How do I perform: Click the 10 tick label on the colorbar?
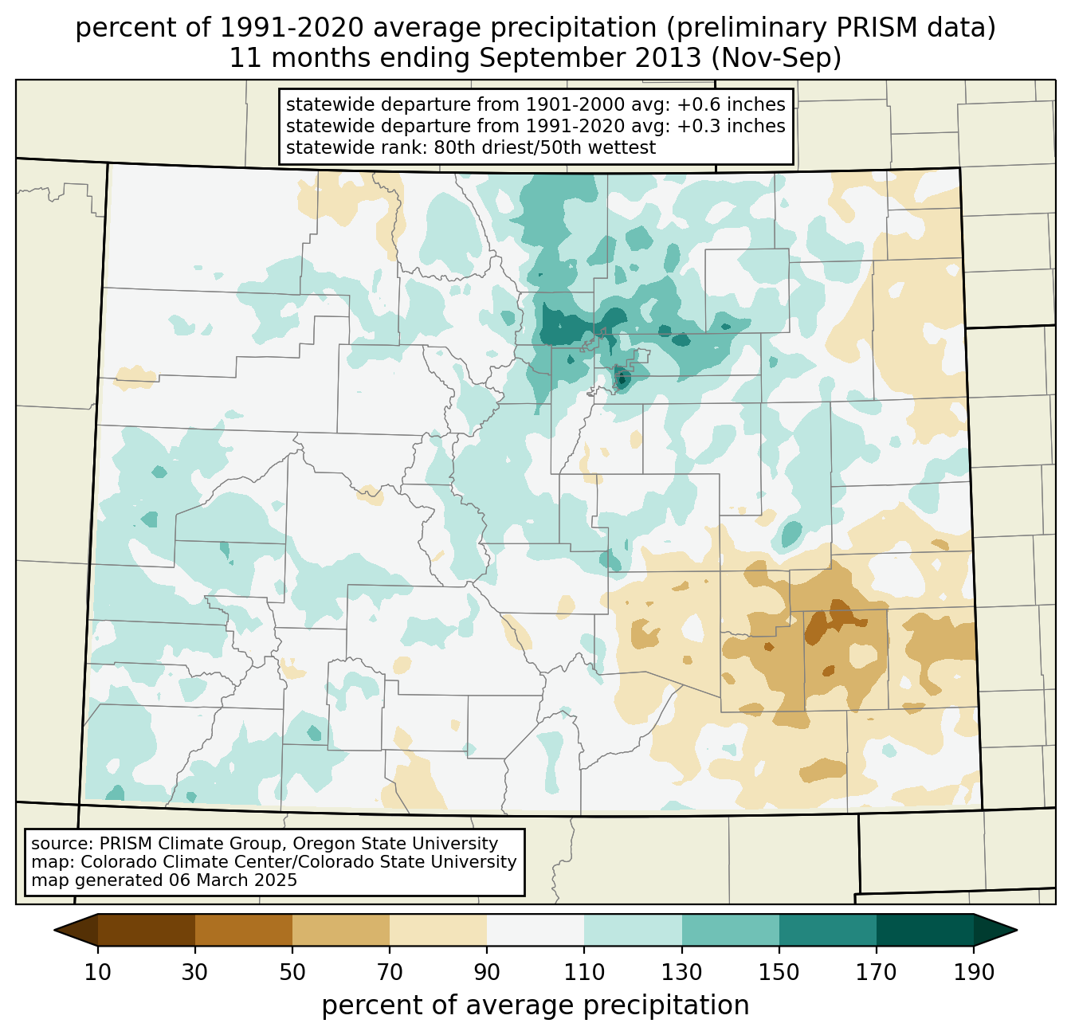tap(98, 972)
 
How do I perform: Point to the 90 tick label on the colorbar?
tap(487, 972)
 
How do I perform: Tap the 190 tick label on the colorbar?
tap(973, 972)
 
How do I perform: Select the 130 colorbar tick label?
tap(681, 972)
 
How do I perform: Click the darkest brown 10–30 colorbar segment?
tap(147, 930)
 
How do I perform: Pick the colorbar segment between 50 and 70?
tap(341, 930)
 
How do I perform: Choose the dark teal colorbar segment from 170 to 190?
tap(924, 930)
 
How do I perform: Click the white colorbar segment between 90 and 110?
tap(535, 930)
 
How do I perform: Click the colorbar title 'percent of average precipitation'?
tap(535, 1006)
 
